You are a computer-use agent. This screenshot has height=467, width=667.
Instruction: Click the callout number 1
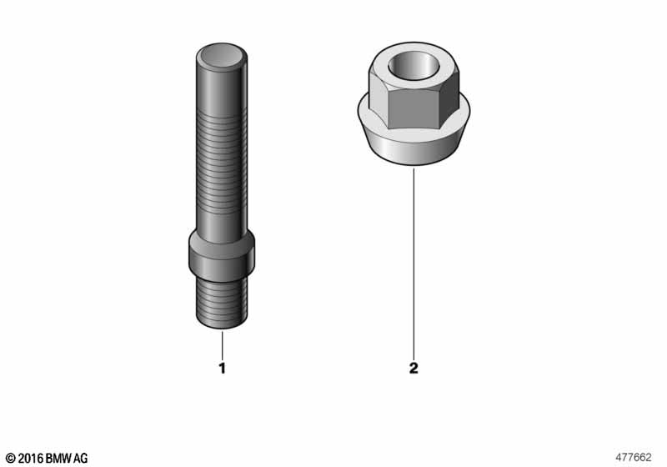pyautogui.click(x=223, y=367)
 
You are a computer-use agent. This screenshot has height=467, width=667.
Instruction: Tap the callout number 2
pyautogui.click(x=414, y=367)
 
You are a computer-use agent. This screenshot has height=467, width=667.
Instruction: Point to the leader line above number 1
pyautogui.click(x=223, y=344)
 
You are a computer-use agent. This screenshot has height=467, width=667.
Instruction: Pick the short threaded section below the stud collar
pyautogui.click(x=222, y=304)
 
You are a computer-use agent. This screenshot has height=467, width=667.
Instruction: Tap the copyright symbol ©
pyautogui.click(x=11, y=458)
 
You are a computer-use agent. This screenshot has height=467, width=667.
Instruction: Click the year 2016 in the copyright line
pyautogui.click(x=30, y=458)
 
